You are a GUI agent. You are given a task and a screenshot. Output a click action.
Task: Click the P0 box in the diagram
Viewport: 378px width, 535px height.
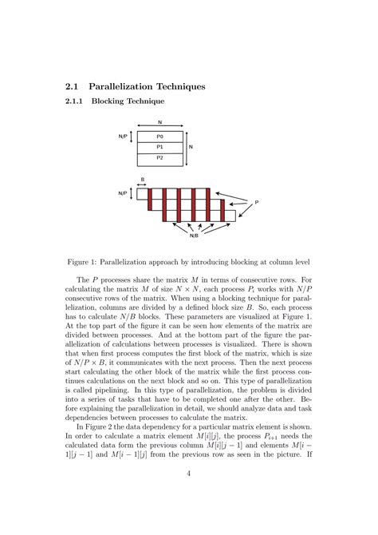pos(159,137)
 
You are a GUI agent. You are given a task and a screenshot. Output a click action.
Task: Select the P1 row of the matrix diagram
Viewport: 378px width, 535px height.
pos(159,147)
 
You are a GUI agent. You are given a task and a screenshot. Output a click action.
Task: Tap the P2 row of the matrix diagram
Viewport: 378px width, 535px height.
pos(159,158)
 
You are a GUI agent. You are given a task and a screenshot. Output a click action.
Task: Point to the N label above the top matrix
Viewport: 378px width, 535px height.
pos(159,122)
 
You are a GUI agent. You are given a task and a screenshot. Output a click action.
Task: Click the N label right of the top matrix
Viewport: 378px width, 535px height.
pos(190,147)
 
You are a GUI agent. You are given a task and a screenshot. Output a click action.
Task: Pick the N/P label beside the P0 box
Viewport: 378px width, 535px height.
pos(123,137)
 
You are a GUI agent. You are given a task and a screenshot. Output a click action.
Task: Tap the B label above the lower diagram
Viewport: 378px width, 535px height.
pos(142,180)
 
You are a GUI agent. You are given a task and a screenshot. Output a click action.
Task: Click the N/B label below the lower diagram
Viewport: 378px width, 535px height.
pos(194,236)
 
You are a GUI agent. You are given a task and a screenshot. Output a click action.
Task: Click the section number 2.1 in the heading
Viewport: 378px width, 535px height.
pos(72,85)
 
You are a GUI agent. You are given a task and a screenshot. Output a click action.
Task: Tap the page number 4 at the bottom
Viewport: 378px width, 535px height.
pos(188,474)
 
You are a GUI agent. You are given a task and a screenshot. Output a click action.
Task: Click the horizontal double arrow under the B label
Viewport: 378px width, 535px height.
pos(142,185)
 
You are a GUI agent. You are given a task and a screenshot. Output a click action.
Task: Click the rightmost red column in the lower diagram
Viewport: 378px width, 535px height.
pos(208,204)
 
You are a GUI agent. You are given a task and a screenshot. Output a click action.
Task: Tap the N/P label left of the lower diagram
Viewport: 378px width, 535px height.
pos(123,193)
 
